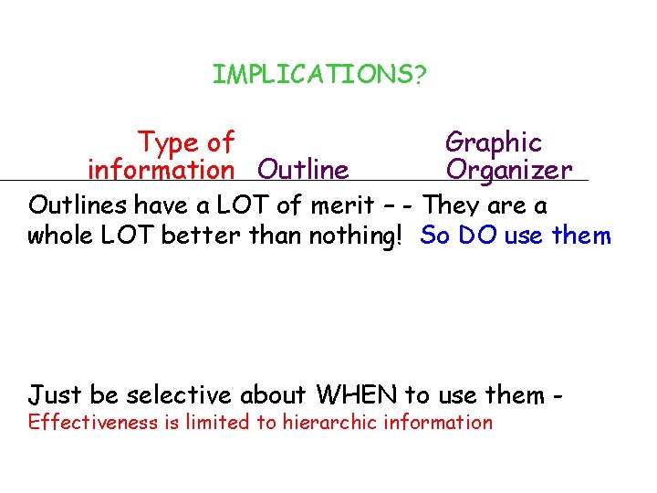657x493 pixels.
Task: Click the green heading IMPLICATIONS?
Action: pos(318,75)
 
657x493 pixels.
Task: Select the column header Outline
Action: pos(303,170)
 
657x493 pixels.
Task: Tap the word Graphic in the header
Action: pos(493,142)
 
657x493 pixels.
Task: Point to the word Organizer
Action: pos(508,170)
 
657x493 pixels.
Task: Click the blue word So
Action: pos(435,236)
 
